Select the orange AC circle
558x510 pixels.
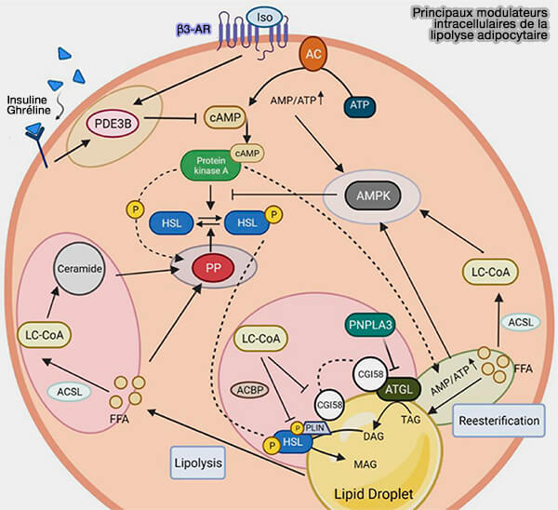click(315, 56)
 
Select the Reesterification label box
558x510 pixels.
click(499, 421)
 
